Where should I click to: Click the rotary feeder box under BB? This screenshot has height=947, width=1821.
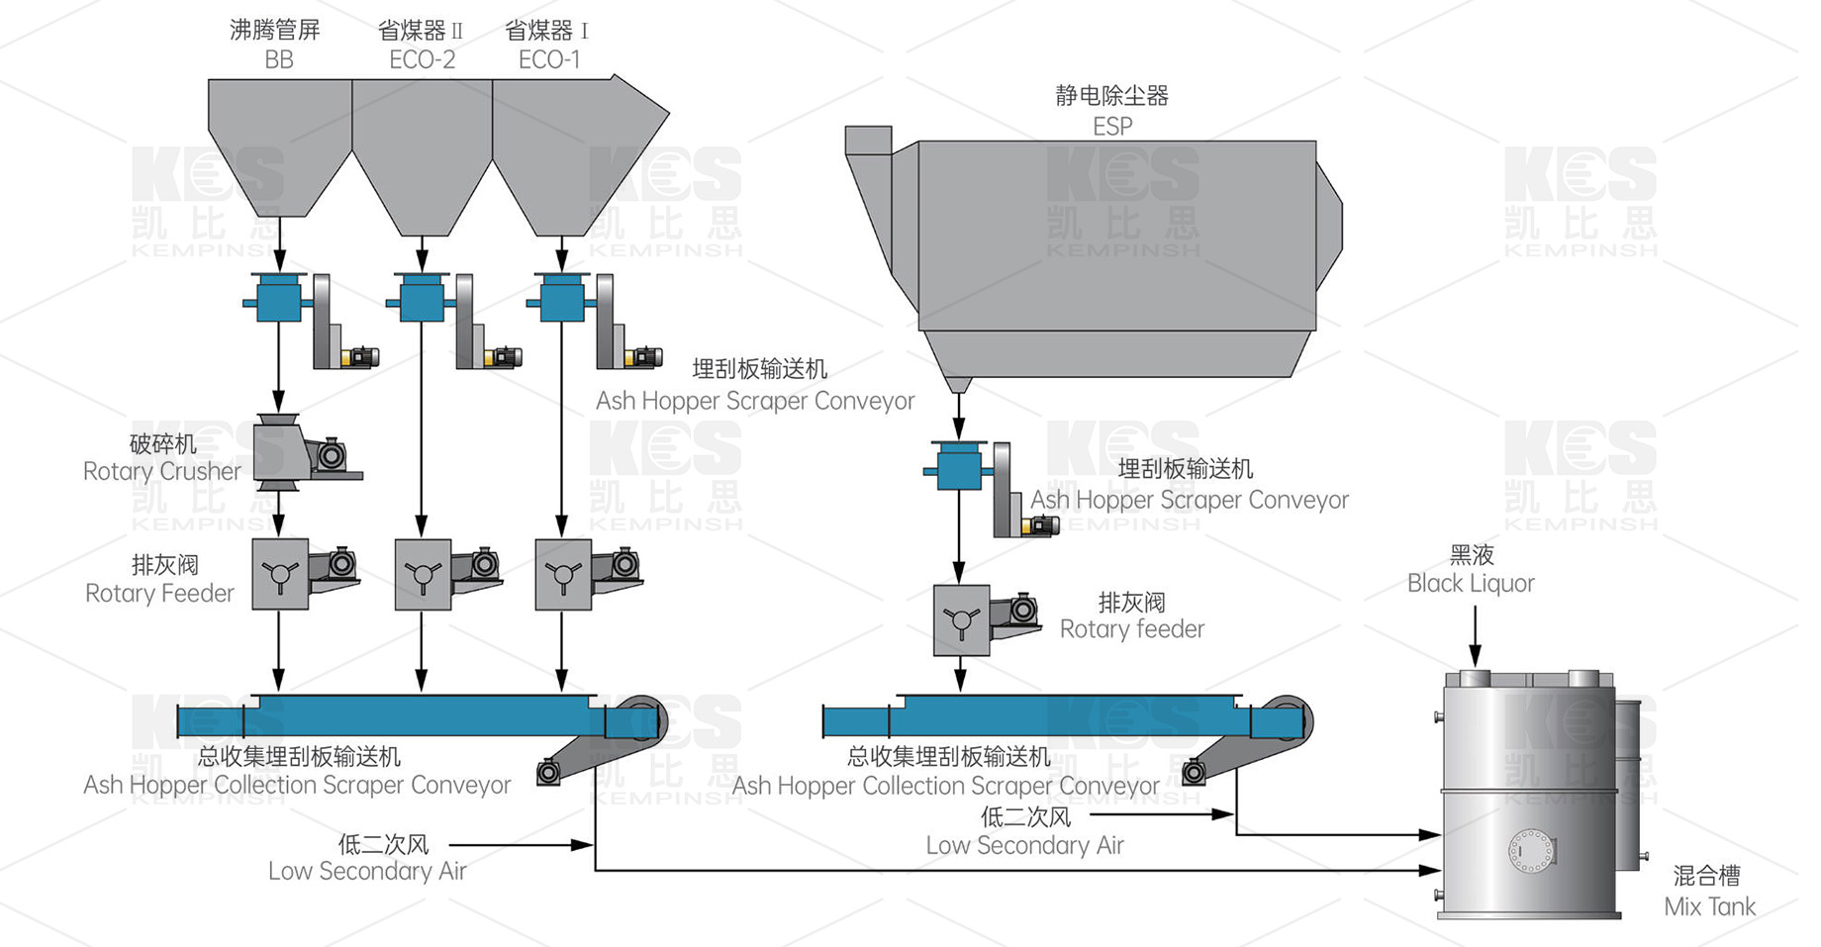click(x=280, y=574)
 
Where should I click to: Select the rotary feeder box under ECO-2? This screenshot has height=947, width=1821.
click(x=423, y=574)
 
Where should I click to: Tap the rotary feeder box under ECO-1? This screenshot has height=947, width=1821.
click(x=563, y=574)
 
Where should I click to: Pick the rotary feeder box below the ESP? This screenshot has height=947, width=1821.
click(x=961, y=620)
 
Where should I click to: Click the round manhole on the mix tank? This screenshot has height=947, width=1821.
click(x=1532, y=850)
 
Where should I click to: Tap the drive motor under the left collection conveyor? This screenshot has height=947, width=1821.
click(x=548, y=772)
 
